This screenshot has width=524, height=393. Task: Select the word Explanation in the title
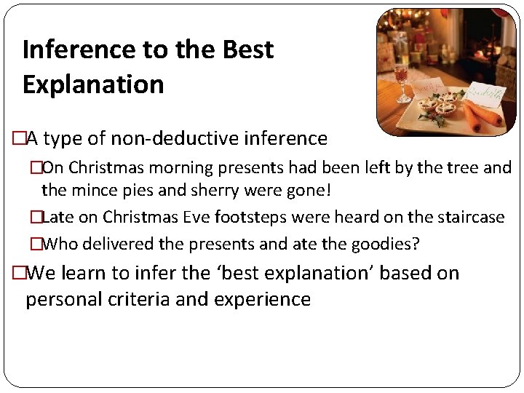pos(93,84)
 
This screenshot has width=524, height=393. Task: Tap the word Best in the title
pos(247,49)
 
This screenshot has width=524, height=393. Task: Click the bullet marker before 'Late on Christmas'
pos(36,217)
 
